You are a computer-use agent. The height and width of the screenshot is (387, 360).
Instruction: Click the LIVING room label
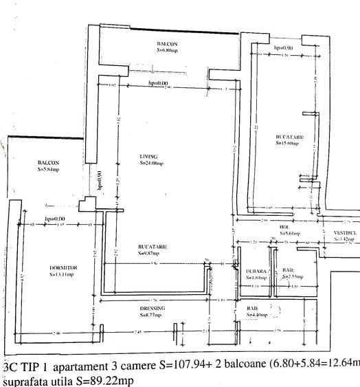tap(148, 157)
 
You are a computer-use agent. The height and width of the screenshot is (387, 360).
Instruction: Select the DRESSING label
tap(150, 308)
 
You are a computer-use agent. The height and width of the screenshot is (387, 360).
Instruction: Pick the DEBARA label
tap(256, 272)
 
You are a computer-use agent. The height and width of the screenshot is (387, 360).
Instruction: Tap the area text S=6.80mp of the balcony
tap(167, 50)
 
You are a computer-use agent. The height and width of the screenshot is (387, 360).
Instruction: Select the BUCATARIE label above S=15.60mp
tap(290, 137)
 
